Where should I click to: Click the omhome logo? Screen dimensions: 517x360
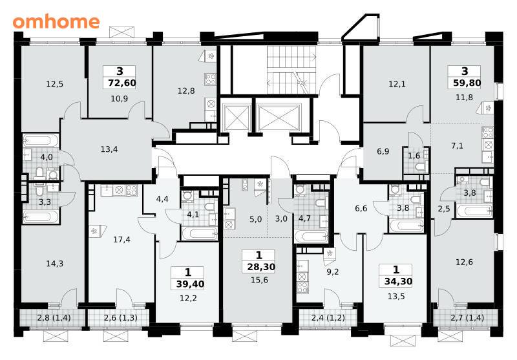coord(56,22)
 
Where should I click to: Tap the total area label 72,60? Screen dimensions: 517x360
coord(122,83)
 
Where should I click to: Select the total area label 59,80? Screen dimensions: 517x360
coord(467,83)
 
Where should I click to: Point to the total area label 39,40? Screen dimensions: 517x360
coord(190,284)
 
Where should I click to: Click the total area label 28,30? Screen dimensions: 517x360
coord(261,267)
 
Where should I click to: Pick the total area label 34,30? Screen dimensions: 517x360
coord(398,281)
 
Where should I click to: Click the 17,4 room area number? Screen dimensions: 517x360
coord(121,240)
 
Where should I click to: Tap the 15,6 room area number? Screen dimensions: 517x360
coord(259,281)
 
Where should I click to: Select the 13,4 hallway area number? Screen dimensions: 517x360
coord(109,149)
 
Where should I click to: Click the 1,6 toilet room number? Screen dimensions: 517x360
coord(414,156)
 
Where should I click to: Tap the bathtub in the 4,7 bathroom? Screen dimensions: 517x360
coord(311,237)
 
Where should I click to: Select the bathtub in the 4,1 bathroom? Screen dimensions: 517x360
coord(200,234)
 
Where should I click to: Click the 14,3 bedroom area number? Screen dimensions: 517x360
coord(55,264)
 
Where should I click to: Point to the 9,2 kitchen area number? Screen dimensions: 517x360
coord(332,272)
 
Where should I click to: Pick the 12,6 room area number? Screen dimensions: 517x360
coord(464,262)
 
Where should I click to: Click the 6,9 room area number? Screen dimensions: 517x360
coord(383,151)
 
